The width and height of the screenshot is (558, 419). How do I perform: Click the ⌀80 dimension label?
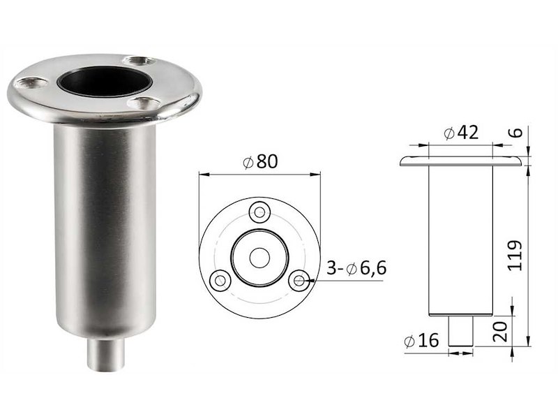259,162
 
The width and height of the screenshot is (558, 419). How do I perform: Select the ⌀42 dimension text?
462,133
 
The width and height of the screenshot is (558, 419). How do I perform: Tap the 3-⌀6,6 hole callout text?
356,268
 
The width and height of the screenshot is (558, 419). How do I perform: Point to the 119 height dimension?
515,256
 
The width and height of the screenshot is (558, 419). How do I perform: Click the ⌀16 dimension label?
422,341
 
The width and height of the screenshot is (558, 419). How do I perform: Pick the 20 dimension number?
501,331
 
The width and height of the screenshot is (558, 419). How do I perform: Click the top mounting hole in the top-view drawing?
259,212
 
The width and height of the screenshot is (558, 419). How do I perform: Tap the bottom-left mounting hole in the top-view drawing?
220,279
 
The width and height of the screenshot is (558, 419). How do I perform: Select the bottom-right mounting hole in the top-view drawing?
299,279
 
